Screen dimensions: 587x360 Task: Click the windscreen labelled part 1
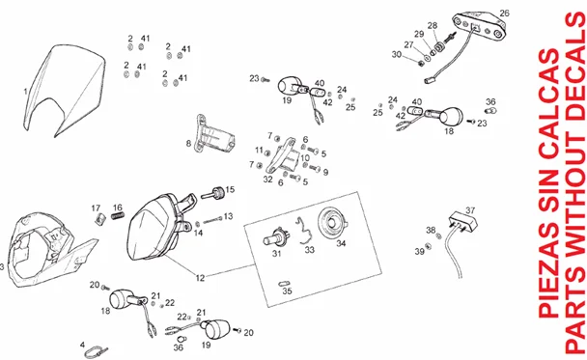[64, 90]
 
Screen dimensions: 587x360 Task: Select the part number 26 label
[504, 14]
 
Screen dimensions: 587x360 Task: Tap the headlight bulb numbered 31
[276, 236]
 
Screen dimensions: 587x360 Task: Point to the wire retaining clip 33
[305, 231]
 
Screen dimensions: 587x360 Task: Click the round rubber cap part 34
[333, 223]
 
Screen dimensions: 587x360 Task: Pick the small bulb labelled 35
[285, 284]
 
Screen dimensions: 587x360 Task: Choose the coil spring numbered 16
[118, 216]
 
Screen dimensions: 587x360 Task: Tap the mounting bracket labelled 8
[214, 135]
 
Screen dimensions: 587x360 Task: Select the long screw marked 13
[212, 220]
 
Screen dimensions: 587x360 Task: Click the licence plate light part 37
[464, 221]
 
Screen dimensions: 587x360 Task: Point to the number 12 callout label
[200, 278]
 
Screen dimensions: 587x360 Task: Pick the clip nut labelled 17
[99, 218]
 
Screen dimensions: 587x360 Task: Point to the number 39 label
[419, 251]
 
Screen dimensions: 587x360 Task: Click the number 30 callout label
[397, 54]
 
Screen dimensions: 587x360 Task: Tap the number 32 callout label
[267, 179]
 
